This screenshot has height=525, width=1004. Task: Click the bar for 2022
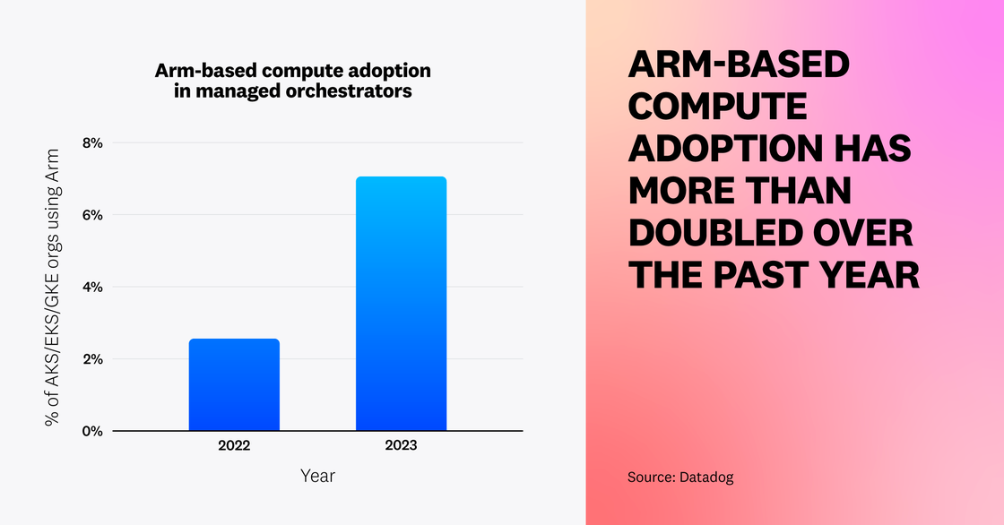pos(234,384)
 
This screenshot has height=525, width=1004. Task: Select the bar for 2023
pos(401,304)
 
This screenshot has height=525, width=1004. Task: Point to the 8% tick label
pos(92,142)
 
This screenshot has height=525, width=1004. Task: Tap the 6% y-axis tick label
pos(92,215)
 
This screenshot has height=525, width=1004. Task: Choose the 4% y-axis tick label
pos(92,287)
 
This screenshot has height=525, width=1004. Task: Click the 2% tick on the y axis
pos(92,359)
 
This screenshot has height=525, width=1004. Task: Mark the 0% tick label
pos(92,431)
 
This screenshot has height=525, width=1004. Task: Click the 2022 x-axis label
pos(234,445)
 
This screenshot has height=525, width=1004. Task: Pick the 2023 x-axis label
pos(401,445)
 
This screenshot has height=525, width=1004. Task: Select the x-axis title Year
pos(317,476)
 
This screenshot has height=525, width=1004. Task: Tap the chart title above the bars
pos(293,81)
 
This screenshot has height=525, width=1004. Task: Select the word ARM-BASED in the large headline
pos(738,65)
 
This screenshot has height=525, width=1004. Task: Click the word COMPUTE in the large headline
pos(717,108)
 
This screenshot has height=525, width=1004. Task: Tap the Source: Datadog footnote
pos(680,478)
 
